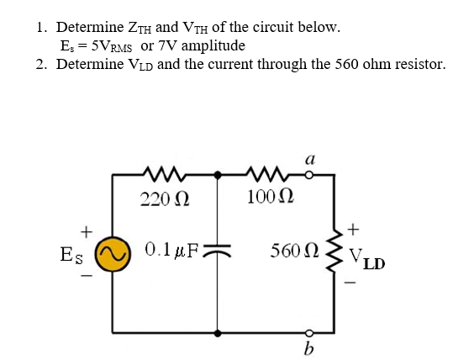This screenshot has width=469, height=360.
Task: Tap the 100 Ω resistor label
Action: coord(271,198)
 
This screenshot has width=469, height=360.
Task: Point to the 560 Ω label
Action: coord(291,251)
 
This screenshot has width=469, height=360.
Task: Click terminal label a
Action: coord(310,156)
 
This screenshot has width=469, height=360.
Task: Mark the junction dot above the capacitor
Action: coord(219,175)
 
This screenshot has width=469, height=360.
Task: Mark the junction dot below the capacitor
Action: coord(219,332)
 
